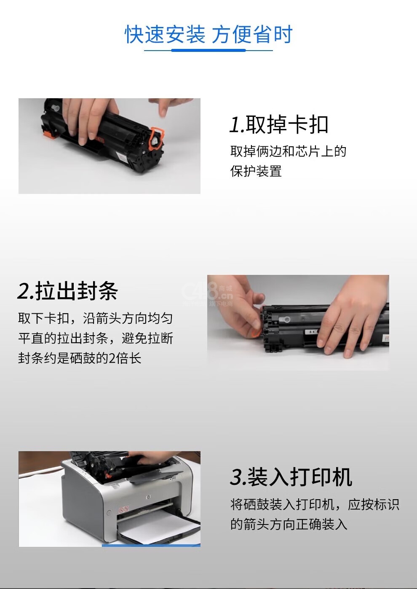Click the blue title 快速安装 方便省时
tap(208, 34)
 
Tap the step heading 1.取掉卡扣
tap(279, 124)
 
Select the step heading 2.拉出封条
tap(67, 290)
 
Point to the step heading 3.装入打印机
tap(291, 477)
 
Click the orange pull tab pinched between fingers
tap(255, 333)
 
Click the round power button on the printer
tap(109, 513)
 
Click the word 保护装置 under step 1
tap(256, 171)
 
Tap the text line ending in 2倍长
tap(80, 358)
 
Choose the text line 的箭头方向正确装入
tap(289, 524)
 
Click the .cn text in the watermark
tap(225, 296)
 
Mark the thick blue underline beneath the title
tap(208, 50)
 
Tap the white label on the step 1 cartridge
tap(122, 158)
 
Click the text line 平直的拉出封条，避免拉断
tap(96, 338)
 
